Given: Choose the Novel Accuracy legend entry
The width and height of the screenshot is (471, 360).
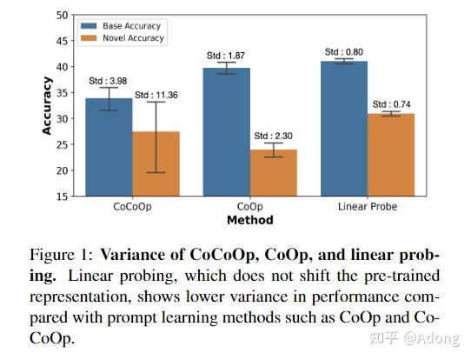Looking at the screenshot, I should point(130,38).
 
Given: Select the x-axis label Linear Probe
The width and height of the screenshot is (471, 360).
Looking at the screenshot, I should point(367,208).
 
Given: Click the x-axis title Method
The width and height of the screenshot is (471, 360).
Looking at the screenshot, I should point(250,221).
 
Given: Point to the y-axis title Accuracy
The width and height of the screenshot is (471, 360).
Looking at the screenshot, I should point(47,105).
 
